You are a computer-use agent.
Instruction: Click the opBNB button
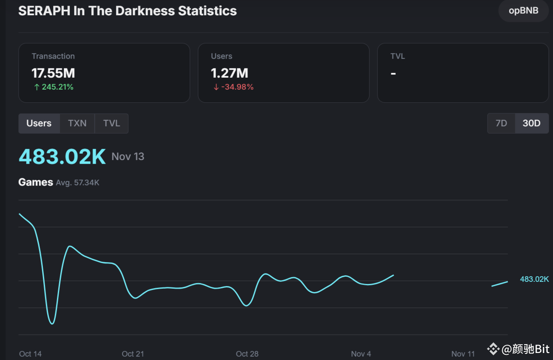pyautogui.click(x=523, y=11)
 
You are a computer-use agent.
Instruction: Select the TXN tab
pyautogui.click(x=77, y=123)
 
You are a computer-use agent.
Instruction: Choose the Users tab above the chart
pyautogui.click(x=39, y=123)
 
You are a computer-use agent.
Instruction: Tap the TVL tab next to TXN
pyautogui.click(x=111, y=123)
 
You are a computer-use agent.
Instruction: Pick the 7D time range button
pyautogui.click(x=501, y=123)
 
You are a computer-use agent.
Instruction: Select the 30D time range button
pyautogui.click(x=532, y=123)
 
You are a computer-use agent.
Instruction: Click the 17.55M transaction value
pyautogui.click(x=53, y=73)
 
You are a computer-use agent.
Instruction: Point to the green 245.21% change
pyautogui.click(x=54, y=87)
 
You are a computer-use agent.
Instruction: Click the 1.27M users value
pyautogui.click(x=229, y=73)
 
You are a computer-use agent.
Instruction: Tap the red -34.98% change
pyautogui.click(x=233, y=87)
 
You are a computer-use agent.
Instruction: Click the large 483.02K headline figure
pyautogui.click(x=62, y=157)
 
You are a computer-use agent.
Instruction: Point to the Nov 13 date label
pyautogui.click(x=128, y=157)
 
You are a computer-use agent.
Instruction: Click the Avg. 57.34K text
pyautogui.click(x=78, y=183)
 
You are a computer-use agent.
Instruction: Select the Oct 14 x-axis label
pyautogui.click(x=30, y=354)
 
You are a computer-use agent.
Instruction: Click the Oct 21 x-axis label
pyautogui.click(x=133, y=354)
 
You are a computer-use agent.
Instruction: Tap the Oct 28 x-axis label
pyautogui.click(x=247, y=354)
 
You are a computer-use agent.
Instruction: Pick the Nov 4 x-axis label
pyautogui.click(x=361, y=354)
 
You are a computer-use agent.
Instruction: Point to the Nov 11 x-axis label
pyautogui.click(x=463, y=354)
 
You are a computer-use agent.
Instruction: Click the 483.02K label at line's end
pyautogui.click(x=534, y=279)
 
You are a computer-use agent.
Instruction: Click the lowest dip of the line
pyautogui.click(x=52, y=323)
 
